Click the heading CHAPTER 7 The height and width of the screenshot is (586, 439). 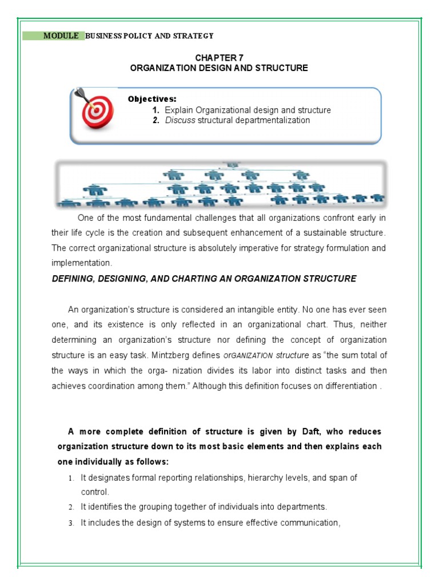[x=219, y=57]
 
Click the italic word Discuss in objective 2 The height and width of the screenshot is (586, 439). [x=179, y=120]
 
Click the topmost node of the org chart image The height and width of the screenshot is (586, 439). [x=233, y=165]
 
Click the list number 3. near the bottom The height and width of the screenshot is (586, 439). [x=71, y=522]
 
